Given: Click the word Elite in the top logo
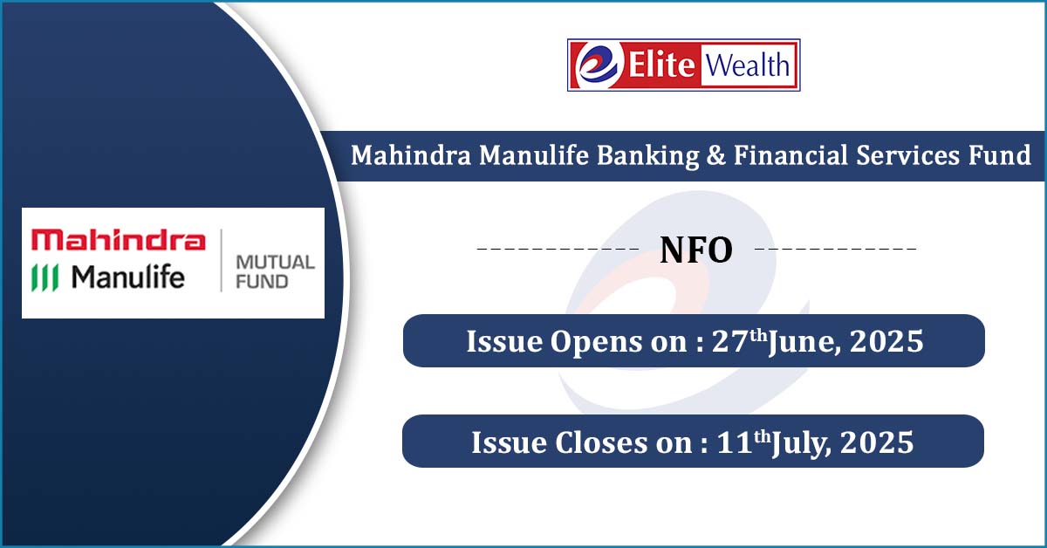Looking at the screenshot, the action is click(661, 65).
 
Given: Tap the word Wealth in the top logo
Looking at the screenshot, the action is click(748, 65).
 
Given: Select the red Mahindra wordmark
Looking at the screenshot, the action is click(119, 239).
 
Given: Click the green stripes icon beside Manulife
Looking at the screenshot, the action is click(44, 277).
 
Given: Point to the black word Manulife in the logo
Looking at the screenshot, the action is click(128, 277).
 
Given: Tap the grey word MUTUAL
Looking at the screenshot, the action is click(276, 263).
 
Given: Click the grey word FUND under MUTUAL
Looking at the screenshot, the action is click(262, 282).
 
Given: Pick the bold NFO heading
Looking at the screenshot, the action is click(696, 250).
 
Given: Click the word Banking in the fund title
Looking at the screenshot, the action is click(647, 155).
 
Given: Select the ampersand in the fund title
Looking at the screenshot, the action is click(716, 155).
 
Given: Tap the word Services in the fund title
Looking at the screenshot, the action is click(907, 155).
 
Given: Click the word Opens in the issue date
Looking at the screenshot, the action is click(597, 342).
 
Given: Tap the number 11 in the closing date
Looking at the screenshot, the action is click(735, 442).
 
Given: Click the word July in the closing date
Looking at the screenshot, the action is click(802, 444).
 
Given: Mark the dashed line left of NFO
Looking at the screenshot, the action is click(558, 249).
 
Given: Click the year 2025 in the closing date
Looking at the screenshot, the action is click(877, 442).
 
